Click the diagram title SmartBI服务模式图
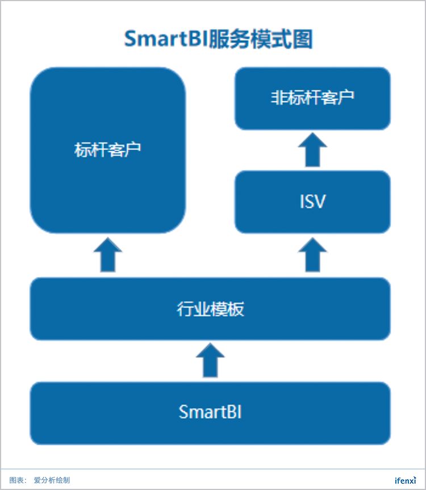pyautogui.click(x=218, y=40)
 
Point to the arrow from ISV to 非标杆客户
pyautogui.click(x=313, y=150)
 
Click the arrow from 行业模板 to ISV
pyautogui.click(x=313, y=255)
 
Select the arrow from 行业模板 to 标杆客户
pyautogui.click(x=108, y=255)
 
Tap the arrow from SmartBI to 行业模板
pyautogui.click(x=210, y=361)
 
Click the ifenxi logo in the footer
pyautogui.click(x=406, y=480)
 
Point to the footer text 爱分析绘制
pyautogui.click(x=52, y=480)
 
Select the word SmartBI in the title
pyautogui.click(x=165, y=40)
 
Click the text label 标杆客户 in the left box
pyautogui.click(x=108, y=150)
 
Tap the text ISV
pyautogui.click(x=313, y=202)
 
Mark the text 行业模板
pyautogui.click(x=210, y=309)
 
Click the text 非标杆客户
pyautogui.click(x=313, y=98)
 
